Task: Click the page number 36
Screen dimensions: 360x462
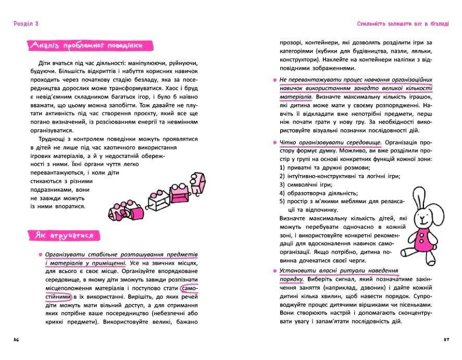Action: pos(16,340)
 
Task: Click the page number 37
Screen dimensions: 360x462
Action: pos(446,340)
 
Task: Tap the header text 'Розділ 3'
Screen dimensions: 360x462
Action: pos(25,24)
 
